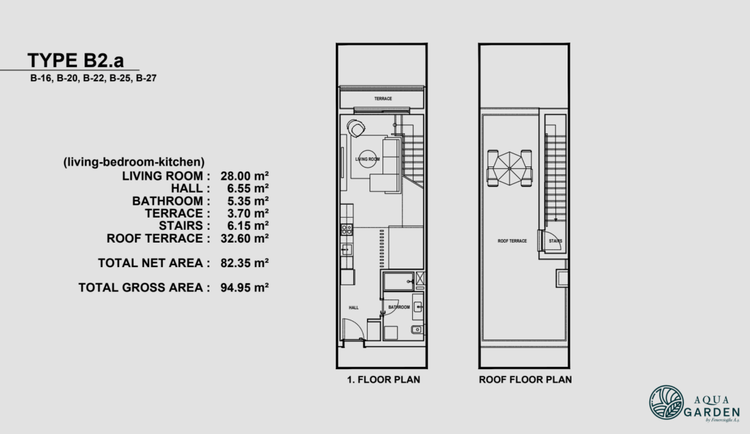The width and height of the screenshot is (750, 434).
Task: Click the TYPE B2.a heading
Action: [x=76, y=60]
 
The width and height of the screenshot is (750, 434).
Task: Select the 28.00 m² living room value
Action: [x=245, y=176]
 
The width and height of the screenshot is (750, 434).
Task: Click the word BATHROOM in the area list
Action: [x=167, y=201]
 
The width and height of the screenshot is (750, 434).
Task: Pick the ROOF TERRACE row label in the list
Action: [x=154, y=238]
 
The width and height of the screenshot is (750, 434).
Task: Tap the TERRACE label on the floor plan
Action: [x=383, y=99]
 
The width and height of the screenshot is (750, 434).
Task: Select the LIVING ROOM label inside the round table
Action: [x=368, y=159]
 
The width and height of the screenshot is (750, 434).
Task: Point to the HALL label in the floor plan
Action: [x=353, y=308]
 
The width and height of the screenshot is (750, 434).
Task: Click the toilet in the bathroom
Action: [x=417, y=331]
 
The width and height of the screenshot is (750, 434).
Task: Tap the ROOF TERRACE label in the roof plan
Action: [x=511, y=241]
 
